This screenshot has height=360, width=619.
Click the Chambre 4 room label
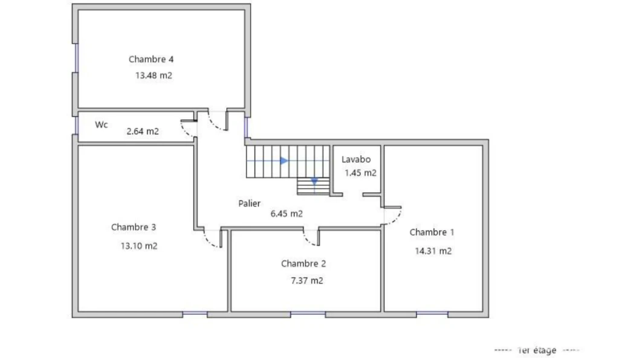click(151, 59)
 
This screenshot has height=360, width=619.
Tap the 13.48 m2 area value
click(154, 76)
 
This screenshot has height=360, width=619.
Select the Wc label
click(101, 124)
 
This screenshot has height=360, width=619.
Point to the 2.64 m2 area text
click(143, 131)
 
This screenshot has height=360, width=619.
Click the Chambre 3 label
click(134, 227)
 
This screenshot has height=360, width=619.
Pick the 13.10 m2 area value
click(139, 246)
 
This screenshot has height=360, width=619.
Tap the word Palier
click(249, 204)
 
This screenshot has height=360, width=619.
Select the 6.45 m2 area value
click(287, 214)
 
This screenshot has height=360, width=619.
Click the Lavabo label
click(355, 159)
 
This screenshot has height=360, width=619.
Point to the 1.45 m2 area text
click(360, 173)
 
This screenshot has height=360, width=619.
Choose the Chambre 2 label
click(303, 263)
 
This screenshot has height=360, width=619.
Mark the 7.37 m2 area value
click(306, 281)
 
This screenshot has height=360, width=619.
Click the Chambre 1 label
click(432, 232)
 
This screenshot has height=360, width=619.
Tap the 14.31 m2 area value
click(433, 251)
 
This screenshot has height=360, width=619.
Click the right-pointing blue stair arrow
click(284, 161)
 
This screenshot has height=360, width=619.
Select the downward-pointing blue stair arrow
click(314, 181)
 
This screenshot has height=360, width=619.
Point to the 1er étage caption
click(537, 350)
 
